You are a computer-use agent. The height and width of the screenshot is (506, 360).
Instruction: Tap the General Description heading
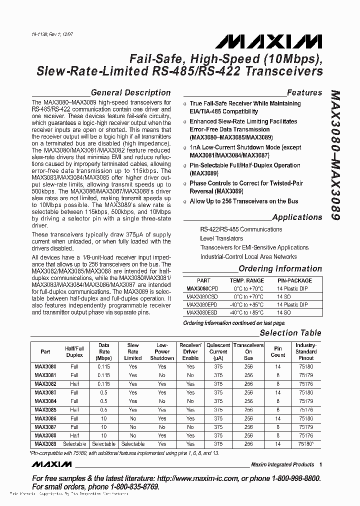(x=130, y=92)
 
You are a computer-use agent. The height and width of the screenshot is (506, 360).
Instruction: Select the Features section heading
(x=304, y=92)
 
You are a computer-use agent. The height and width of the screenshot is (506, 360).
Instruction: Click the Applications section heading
(x=296, y=217)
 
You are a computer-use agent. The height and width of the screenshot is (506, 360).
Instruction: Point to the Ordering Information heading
(x=280, y=269)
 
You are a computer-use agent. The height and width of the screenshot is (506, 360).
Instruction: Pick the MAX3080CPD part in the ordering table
(x=203, y=288)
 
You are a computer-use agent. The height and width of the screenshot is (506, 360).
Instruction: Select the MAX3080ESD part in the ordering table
(x=203, y=312)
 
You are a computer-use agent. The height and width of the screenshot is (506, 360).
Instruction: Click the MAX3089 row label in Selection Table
(x=45, y=443)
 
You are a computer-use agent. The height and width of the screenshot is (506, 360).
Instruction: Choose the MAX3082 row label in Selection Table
(x=45, y=384)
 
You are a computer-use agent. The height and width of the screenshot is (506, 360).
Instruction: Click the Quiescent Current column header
(x=218, y=351)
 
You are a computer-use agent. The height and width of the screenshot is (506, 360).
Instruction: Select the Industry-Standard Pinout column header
(x=305, y=351)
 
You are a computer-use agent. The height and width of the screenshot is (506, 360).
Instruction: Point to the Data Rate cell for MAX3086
(x=103, y=418)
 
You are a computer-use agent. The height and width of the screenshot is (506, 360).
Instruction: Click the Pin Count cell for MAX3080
(x=278, y=366)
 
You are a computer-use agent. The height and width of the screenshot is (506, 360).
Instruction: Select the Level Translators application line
(x=221, y=238)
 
